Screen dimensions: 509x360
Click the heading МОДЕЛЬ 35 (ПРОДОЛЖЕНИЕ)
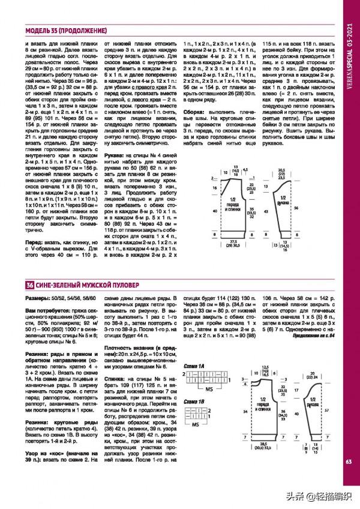(66, 31)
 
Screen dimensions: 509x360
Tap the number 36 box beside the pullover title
(29, 284)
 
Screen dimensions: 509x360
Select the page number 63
(349, 461)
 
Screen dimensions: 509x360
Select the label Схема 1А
(196, 366)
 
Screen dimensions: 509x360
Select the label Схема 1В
(196, 402)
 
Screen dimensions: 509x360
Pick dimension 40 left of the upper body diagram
(215, 211)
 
